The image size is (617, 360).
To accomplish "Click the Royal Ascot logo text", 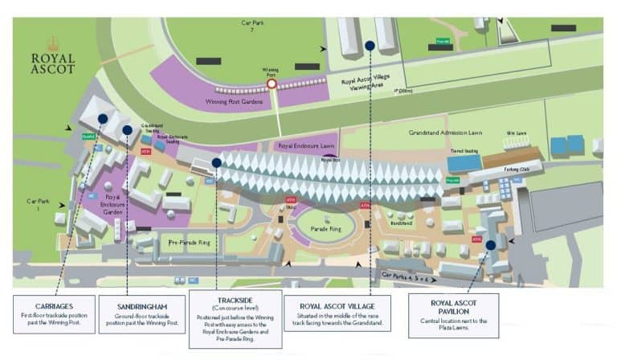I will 53,63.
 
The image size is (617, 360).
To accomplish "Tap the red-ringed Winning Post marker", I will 272,83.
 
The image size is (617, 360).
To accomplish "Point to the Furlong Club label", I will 517,170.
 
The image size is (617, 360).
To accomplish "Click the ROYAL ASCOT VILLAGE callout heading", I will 336,306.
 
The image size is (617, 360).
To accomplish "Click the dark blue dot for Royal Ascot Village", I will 370,46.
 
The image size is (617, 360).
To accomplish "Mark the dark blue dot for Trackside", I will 217,162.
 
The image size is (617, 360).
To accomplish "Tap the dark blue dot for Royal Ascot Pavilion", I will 490,245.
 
